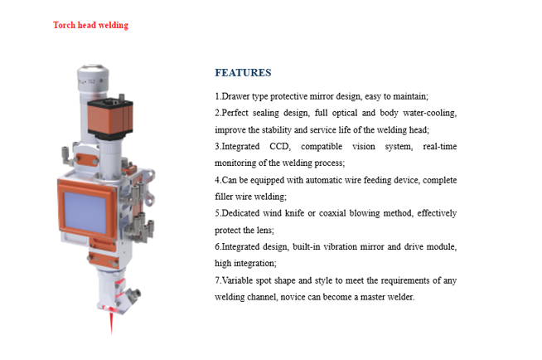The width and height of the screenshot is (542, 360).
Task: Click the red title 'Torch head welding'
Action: (90, 25)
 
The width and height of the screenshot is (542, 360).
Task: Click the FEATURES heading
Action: (243, 73)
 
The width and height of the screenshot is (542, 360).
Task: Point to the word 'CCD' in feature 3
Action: (279, 146)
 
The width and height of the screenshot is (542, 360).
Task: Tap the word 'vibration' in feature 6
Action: (340, 246)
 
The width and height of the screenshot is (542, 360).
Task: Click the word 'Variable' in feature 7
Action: (237, 280)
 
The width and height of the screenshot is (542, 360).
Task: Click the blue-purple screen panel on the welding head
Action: (85, 212)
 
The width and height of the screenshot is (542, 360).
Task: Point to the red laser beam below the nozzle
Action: (111, 324)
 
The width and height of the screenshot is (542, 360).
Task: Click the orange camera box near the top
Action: (110, 119)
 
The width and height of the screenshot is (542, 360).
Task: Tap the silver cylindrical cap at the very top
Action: (93, 79)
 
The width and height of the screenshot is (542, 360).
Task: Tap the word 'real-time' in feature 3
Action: (440, 146)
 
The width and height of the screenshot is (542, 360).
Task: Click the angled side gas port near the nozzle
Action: (131, 295)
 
